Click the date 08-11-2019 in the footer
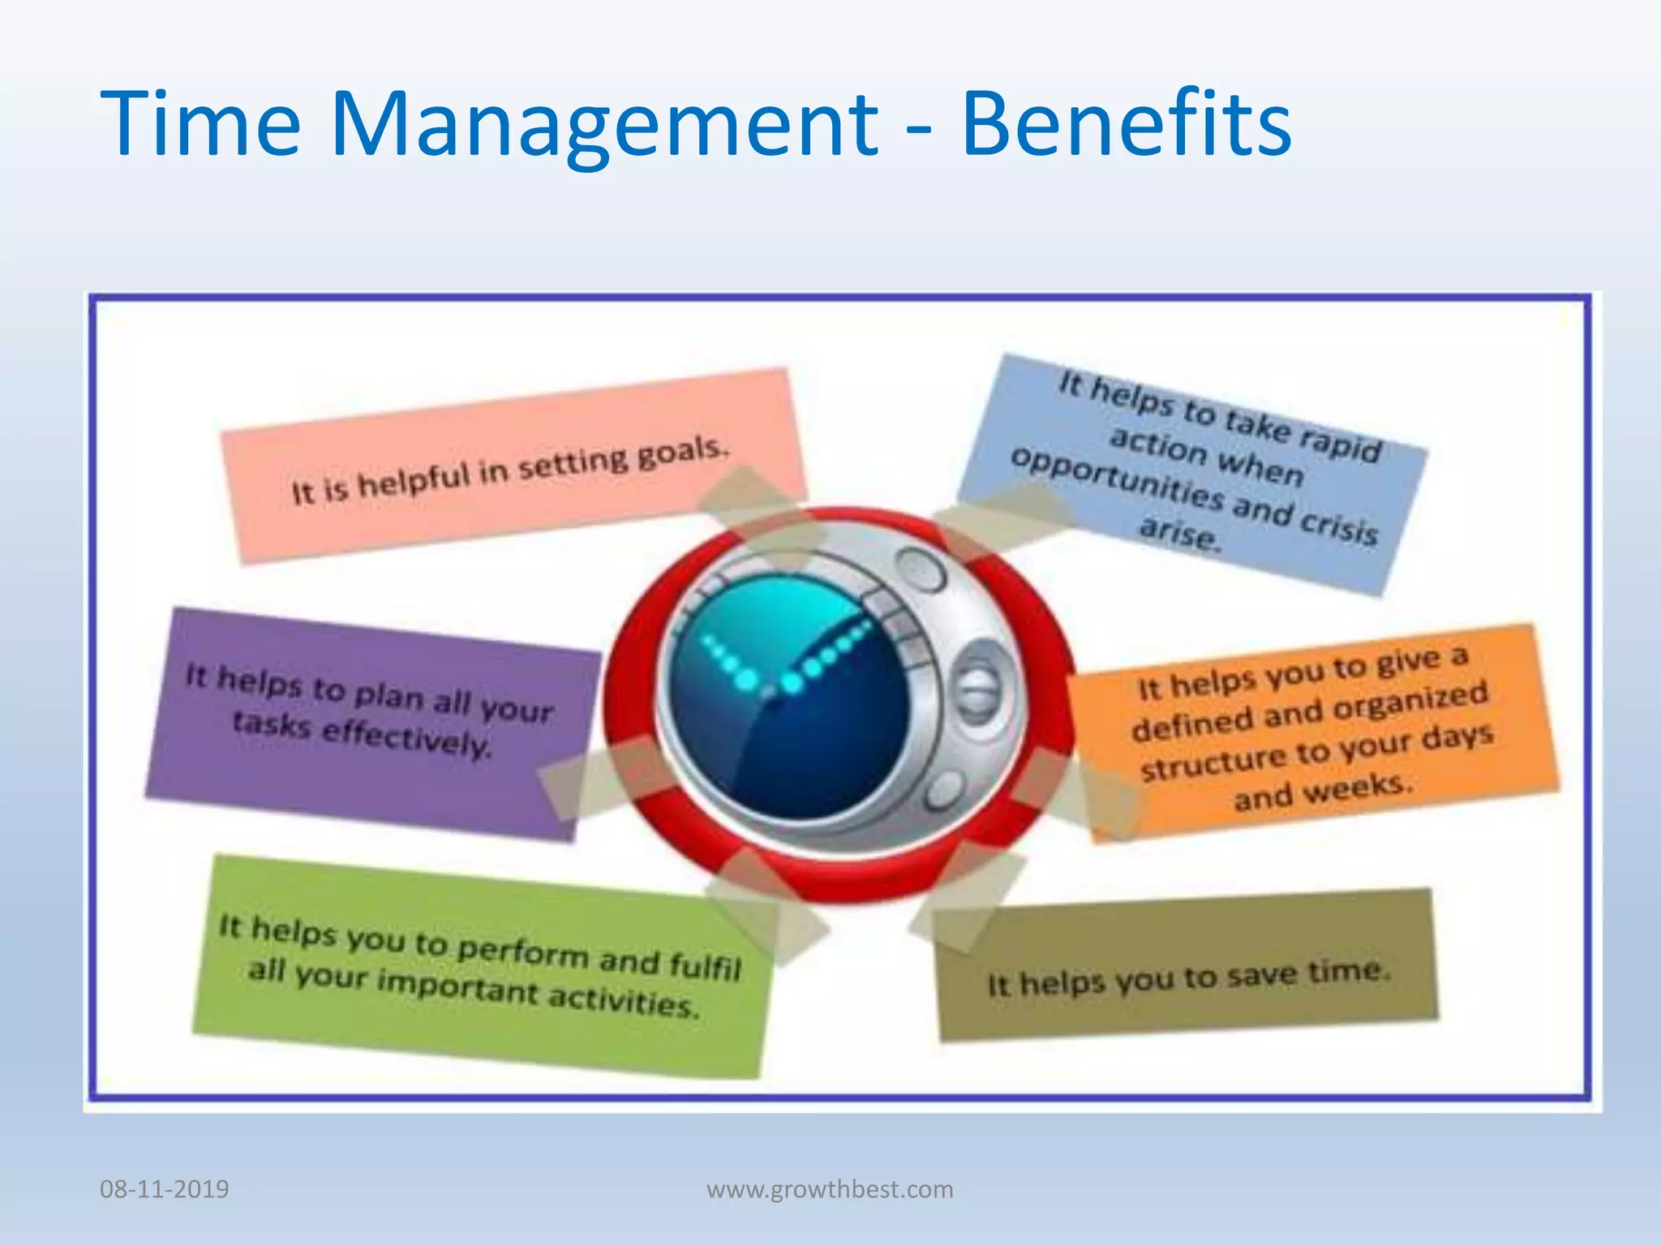coord(165,1189)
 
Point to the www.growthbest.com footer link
coord(830,1189)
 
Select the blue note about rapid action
coord(1192,475)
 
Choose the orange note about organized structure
coord(1314,730)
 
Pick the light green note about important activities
coord(479,965)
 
